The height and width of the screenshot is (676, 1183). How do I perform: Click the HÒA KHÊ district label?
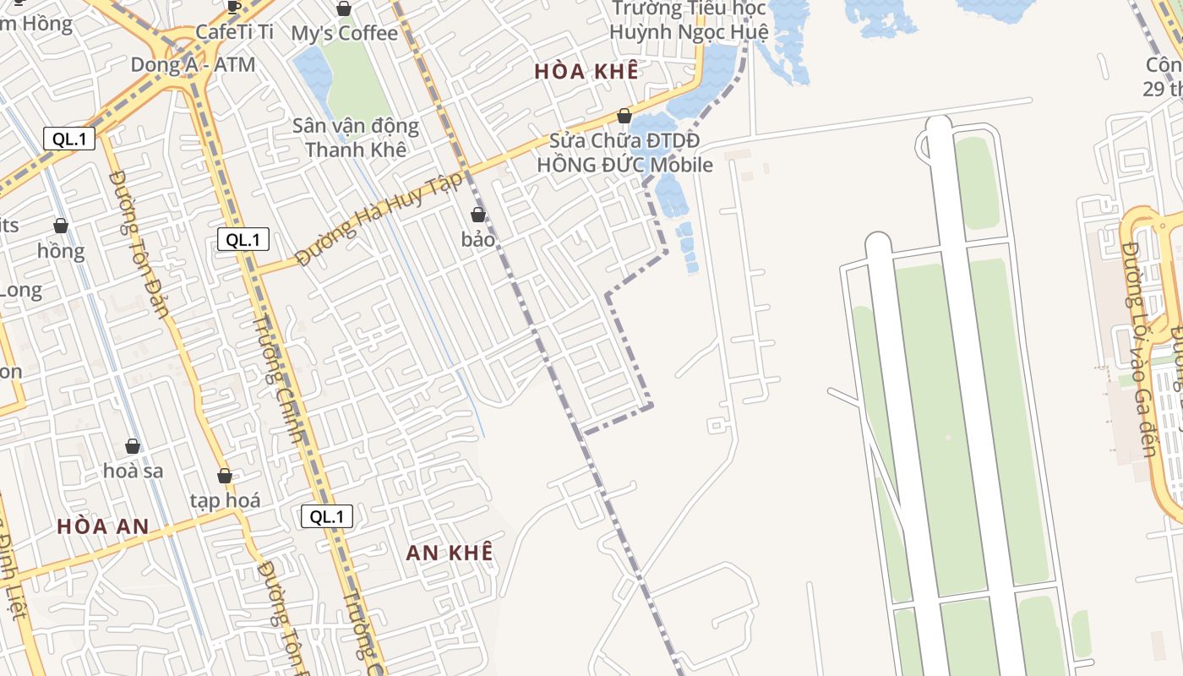[x=586, y=72]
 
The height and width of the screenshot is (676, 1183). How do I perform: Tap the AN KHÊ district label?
[x=449, y=553]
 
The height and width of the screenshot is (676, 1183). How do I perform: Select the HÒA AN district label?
[x=103, y=526]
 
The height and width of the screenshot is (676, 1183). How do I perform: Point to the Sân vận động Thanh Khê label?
[x=356, y=138]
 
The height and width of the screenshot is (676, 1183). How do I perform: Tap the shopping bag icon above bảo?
[x=478, y=215]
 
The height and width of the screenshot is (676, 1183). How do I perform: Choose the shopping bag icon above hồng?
[x=61, y=226]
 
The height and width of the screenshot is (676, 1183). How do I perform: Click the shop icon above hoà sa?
[x=133, y=446]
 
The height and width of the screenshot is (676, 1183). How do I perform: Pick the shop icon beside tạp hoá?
[x=225, y=476]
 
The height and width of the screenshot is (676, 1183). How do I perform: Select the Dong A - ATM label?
[x=193, y=65]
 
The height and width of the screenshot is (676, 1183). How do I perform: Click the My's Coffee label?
[x=344, y=34]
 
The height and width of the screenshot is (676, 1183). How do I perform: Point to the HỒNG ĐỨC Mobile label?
[x=625, y=165]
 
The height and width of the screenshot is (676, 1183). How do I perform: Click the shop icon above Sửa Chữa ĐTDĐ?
[x=624, y=116]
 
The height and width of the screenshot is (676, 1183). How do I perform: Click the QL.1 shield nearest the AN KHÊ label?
[x=327, y=516]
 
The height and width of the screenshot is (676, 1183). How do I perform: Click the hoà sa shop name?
[x=134, y=471]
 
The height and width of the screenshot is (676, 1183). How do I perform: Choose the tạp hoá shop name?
[x=225, y=500]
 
